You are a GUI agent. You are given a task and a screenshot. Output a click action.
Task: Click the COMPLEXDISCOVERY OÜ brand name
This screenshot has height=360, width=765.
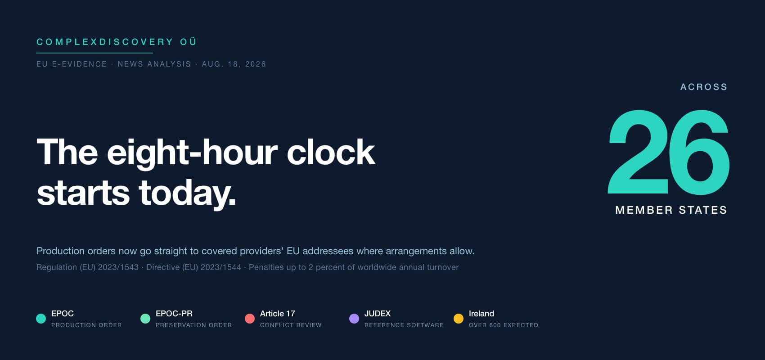point(117,42)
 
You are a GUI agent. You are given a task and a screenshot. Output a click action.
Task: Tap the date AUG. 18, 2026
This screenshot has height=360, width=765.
point(234,64)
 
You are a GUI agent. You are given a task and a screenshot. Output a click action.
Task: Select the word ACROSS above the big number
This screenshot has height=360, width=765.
point(704,87)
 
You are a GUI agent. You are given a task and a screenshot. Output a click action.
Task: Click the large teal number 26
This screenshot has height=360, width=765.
point(669,153)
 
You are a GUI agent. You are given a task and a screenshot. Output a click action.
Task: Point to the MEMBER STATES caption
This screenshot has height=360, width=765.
point(671,210)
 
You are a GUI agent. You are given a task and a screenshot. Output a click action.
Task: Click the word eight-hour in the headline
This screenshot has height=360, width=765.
point(192,153)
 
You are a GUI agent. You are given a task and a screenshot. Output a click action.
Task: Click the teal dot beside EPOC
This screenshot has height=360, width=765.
point(41,318)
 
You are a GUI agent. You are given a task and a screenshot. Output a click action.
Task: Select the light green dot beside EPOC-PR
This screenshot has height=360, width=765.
point(145,318)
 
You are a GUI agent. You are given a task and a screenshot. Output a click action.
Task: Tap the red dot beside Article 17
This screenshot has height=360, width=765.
point(250,318)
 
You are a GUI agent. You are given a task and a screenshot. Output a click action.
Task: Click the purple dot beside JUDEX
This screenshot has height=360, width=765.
point(354,318)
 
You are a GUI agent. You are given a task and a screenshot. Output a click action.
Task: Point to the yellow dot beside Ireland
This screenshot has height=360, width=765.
point(458,318)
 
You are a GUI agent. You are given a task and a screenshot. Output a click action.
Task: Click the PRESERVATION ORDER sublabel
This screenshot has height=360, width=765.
point(193,325)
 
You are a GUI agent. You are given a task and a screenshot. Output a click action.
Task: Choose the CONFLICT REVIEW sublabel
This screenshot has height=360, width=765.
point(291,325)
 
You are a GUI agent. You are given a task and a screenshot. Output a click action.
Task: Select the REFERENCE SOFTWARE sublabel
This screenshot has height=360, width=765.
point(404,325)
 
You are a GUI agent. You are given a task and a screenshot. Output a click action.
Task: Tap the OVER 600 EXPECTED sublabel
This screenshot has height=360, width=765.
point(504,325)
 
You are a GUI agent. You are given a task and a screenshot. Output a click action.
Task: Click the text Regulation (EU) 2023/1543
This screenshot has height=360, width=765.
point(87,267)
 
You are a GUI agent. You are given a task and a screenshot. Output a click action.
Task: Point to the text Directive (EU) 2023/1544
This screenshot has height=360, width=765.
point(193,267)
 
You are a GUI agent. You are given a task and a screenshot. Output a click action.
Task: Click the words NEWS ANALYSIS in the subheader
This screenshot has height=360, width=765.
point(154,64)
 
